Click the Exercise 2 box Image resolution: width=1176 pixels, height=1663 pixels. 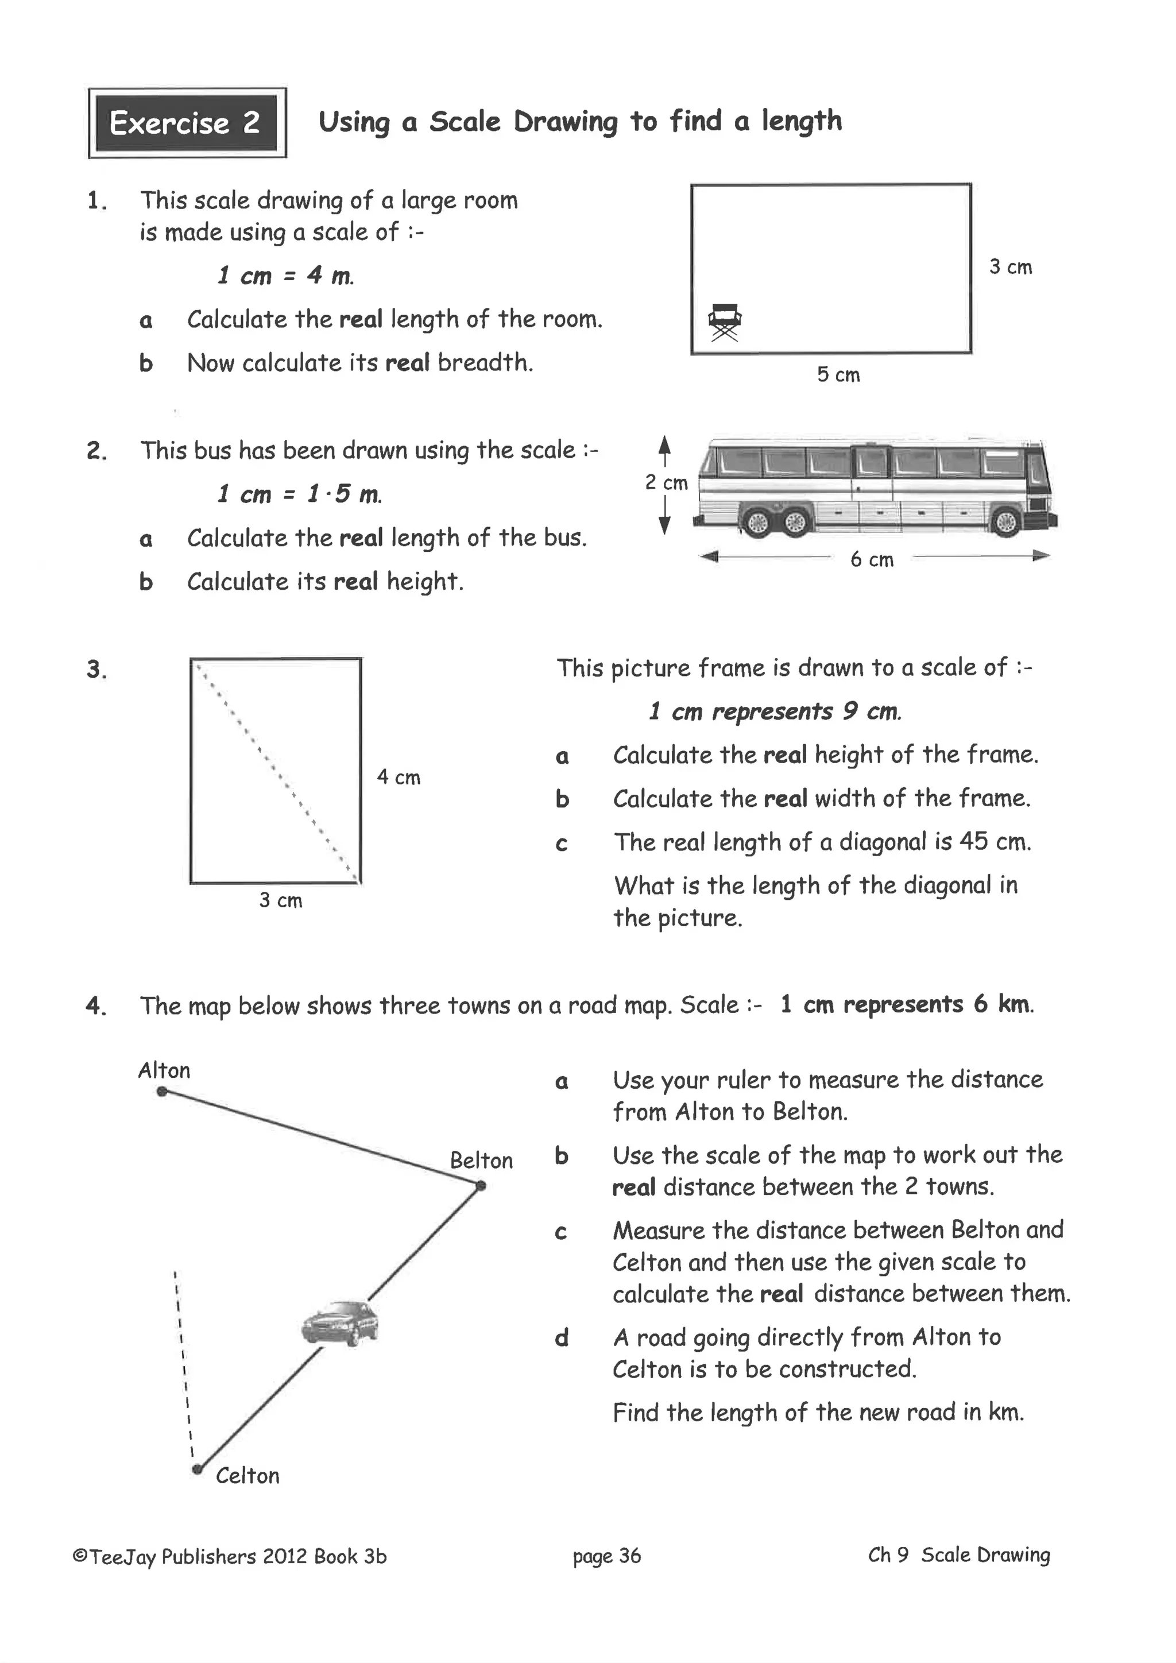tap(187, 123)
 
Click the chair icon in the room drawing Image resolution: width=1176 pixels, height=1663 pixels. tap(724, 322)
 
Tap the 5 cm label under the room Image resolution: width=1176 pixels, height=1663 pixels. tap(838, 375)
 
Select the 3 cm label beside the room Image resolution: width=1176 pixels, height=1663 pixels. tap(1010, 267)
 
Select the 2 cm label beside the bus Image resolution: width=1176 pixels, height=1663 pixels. tap(666, 482)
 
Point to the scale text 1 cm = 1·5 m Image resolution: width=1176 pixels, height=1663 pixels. tap(299, 494)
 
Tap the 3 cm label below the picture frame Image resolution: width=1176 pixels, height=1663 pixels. tap(280, 901)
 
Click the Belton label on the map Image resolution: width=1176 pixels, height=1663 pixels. tap(481, 1161)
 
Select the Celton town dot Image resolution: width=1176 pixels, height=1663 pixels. tap(197, 1469)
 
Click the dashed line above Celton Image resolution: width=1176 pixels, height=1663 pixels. tap(183, 1369)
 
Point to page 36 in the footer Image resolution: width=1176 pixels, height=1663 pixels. tap(606, 1556)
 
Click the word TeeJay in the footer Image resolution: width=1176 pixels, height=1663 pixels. tap(122, 1557)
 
